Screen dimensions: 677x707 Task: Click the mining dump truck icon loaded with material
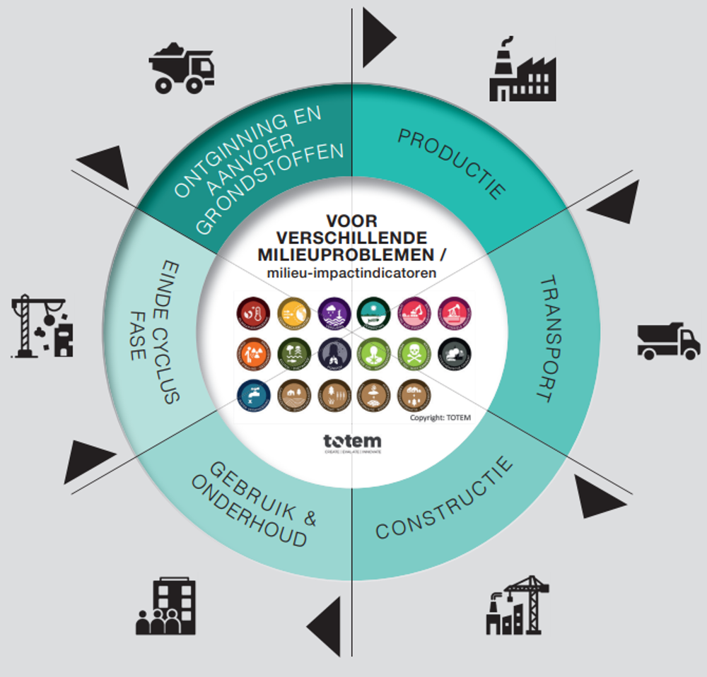(x=182, y=69)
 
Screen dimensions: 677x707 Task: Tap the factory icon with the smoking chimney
(x=522, y=70)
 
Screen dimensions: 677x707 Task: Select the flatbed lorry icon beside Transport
(x=668, y=341)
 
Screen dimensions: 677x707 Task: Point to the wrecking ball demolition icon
(x=43, y=326)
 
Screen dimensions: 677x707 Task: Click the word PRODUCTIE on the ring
(x=452, y=163)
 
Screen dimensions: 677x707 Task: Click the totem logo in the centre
(x=352, y=442)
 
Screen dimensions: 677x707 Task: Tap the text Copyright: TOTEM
(x=440, y=418)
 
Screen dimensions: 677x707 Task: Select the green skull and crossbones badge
(x=414, y=353)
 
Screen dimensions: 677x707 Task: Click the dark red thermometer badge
(x=251, y=312)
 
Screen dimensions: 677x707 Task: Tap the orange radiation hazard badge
(x=251, y=353)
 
